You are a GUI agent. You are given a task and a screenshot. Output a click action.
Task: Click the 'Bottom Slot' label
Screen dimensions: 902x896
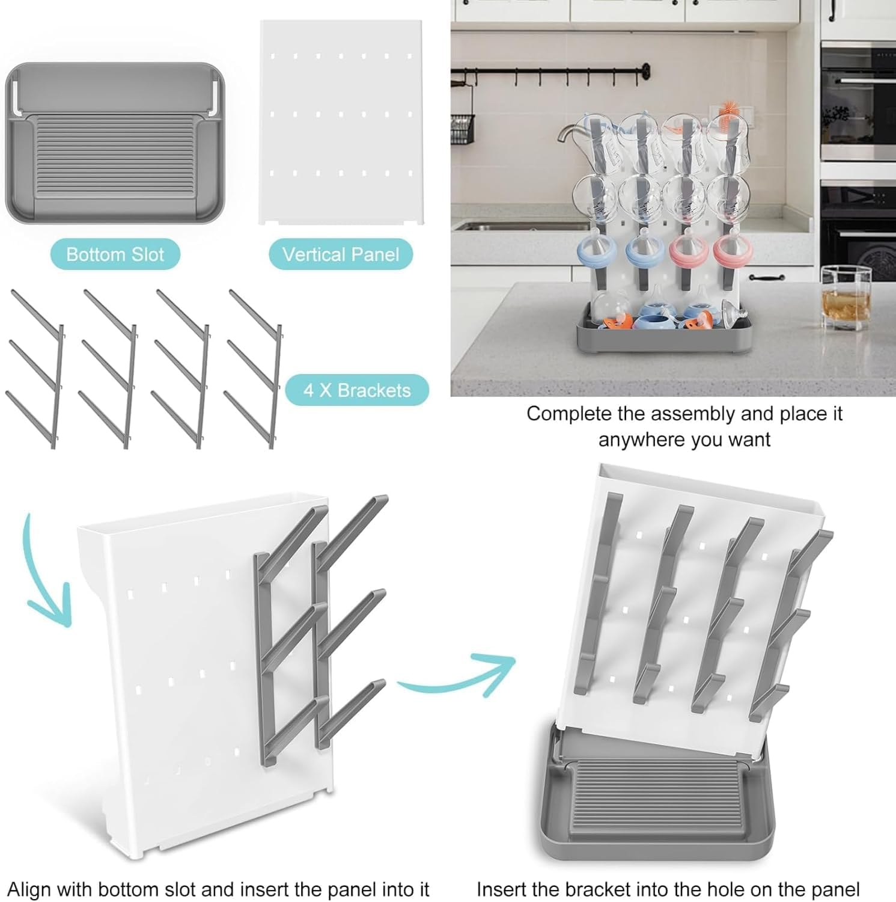[x=115, y=254]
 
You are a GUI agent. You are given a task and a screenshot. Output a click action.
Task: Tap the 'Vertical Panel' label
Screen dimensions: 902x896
[x=340, y=254]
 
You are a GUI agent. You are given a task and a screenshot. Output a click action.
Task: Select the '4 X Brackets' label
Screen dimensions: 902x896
[x=357, y=390]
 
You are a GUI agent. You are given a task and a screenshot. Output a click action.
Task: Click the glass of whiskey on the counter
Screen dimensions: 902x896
[x=846, y=299]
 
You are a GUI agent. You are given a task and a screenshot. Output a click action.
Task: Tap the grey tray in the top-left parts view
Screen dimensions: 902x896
[x=114, y=143]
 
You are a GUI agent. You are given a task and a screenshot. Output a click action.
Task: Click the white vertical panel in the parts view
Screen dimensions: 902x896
[x=341, y=123]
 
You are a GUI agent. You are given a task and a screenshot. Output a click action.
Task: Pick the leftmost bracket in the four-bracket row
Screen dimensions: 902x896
[x=37, y=368]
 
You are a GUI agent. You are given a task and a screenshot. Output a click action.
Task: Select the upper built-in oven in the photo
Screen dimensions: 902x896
[x=858, y=102]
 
